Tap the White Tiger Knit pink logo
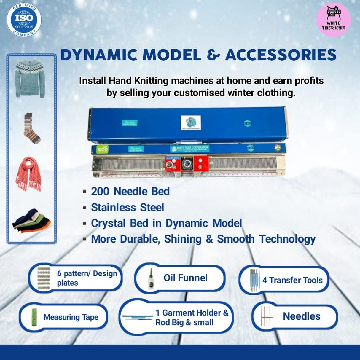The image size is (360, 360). (x=333, y=20)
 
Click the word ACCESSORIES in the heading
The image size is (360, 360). (x=281, y=55)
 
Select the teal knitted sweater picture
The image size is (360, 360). (x=30, y=79)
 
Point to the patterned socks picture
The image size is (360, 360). (x=31, y=128)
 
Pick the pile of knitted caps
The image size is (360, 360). (x=31, y=221)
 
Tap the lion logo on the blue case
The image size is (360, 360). (x=191, y=122)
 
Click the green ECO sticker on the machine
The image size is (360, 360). (x=103, y=149)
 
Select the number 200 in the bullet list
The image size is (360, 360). (x=100, y=191)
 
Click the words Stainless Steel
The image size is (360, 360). (x=127, y=207)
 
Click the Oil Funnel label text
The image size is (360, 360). (x=185, y=278)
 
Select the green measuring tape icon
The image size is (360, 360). (x=34, y=317)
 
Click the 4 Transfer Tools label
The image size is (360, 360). (x=292, y=280)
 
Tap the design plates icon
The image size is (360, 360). (x=44, y=278)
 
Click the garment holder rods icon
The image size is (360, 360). (x=138, y=317)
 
